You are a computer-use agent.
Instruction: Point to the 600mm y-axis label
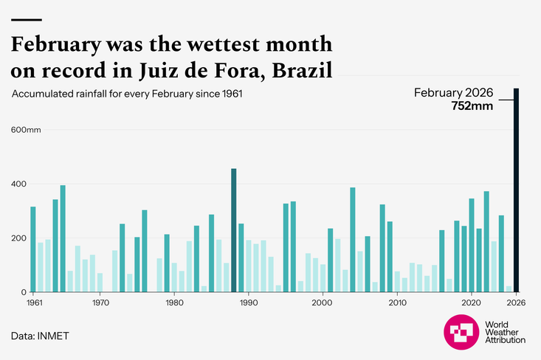click(x=26, y=130)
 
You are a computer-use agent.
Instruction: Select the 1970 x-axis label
click(x=100, y=302)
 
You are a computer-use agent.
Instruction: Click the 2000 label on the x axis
click(x=323, y=302)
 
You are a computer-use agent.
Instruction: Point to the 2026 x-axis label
click(x=515, y=302)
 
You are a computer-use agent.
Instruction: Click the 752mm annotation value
click(x=472, y=106)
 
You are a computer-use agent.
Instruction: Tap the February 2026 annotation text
click(x=453, y=93)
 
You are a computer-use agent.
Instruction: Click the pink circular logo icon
click(x=461, y=333)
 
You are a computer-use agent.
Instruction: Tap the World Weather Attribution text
click(x=505, y=333)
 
